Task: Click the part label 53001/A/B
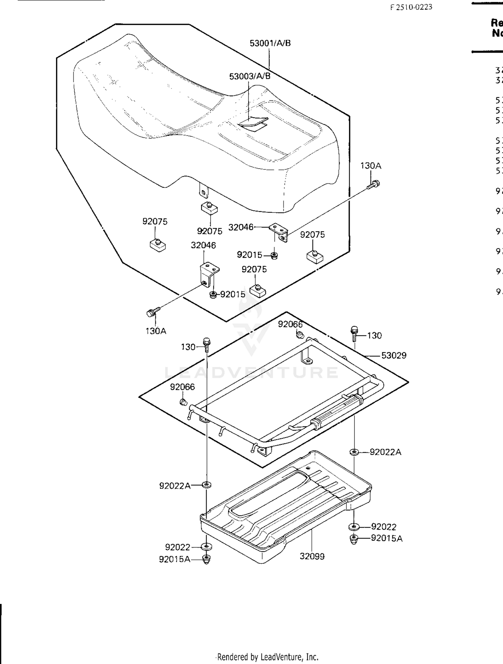click(x=270, y=43)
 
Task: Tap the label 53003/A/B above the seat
click(x=249, y=76)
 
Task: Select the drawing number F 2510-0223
click(x=411, y=7)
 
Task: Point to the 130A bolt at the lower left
click(x=152, y=312)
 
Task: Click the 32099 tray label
click(x=312, y=556)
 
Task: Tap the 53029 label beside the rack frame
click(x=394, y=356)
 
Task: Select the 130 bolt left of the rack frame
click(x=207, y=344)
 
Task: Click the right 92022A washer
click(x=354, y=452)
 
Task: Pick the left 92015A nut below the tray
click(x=207, y=559)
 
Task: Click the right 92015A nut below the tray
click(x=354, y=539)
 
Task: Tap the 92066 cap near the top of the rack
click(x=300, y=334)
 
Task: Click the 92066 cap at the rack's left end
click(x=183, y=402)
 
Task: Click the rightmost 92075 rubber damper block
click(x=315, y=256)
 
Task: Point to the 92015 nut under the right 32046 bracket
click(x=274, y=255)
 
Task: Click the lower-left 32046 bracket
click(x=208, y=274)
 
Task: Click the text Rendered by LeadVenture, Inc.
click(x=267, y=657)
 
